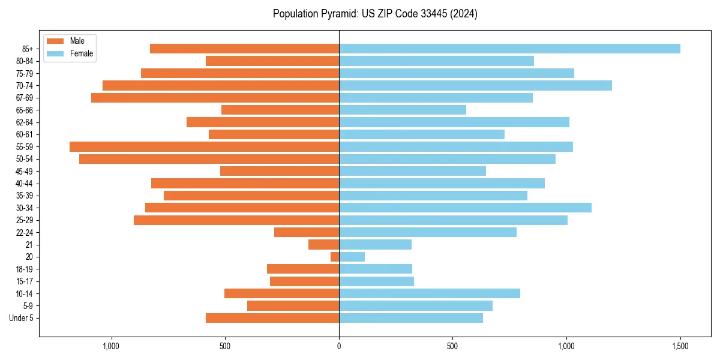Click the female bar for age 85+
coord(509,49)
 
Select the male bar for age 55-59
coord(204,146)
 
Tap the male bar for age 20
coord(335,257)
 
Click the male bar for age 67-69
coord(215,98)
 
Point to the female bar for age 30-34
coord(465,208)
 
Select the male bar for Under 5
coord(272,318)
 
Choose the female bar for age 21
coord(375,245)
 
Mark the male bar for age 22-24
coord(307,232)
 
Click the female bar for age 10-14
coord(430,293)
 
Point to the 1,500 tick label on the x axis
coord(680,346)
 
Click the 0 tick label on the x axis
coord(339,346)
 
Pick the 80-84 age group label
coord(25,61)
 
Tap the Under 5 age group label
coord(21,318)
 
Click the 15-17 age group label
coord(25,281)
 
